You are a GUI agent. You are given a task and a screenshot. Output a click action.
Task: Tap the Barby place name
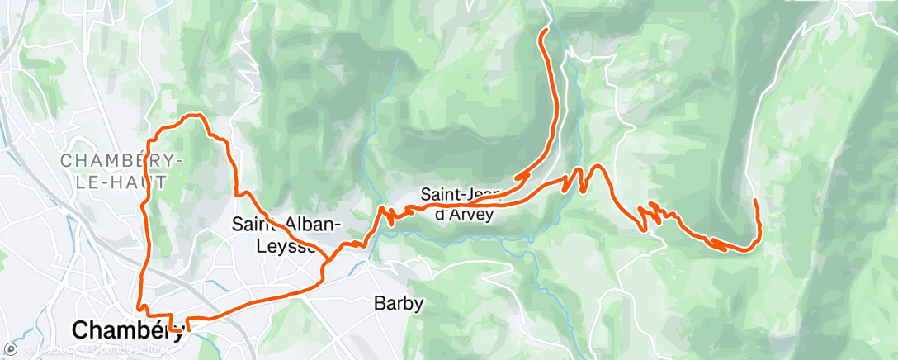click(399, 304)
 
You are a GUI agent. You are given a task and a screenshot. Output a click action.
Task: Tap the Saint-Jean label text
click(459, 196)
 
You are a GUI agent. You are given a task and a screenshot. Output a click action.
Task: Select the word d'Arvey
click(465, 215)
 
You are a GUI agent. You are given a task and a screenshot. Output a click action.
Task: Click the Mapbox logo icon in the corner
click(10, 350)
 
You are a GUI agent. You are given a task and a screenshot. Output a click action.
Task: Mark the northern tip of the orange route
click(546, 31)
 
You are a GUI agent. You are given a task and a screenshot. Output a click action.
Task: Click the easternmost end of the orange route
click(756, 201)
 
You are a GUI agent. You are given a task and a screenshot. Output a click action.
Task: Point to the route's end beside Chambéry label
click(189, 329)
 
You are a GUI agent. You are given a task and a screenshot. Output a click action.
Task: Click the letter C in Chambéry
click(80, 330)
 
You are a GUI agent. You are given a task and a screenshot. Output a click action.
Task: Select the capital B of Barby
click(380, 304)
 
